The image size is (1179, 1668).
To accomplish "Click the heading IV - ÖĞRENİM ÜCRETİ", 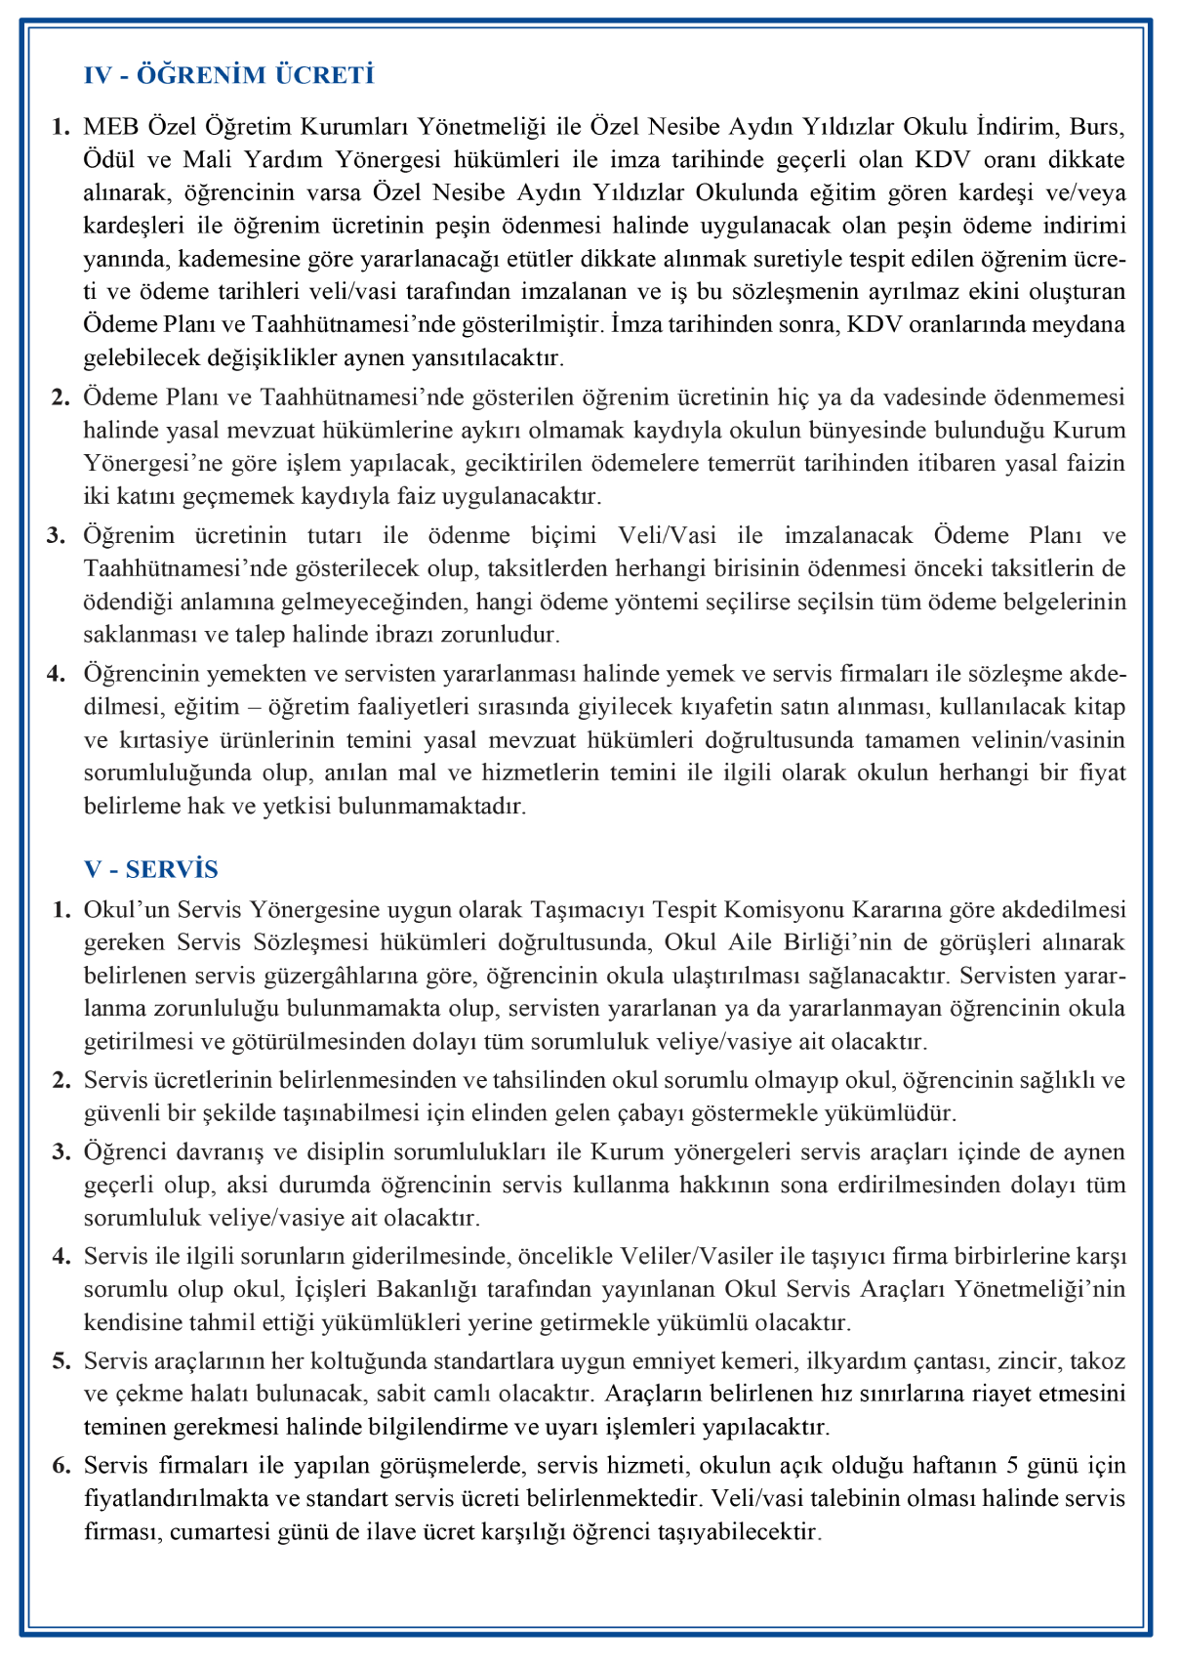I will [x=228, y=75].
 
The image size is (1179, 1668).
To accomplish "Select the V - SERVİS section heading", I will [x=151, y=869].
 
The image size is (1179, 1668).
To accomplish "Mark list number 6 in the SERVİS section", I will [x=61, y=1466].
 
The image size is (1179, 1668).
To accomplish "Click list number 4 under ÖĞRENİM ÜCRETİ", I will [x=61, y=674].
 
